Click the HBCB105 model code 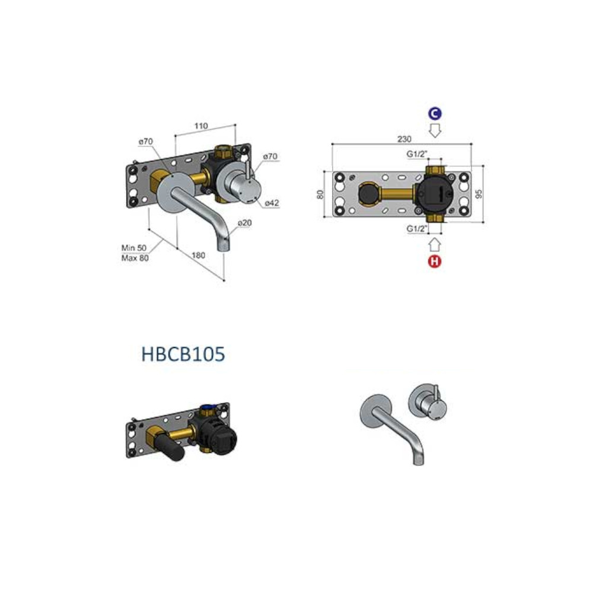coord(183,354)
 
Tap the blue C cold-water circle coord(435,113)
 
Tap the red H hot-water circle coord(435,261)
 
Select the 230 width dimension coord(404,139)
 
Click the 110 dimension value coord(201,126)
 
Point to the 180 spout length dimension coord(198,255)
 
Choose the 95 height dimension coord(479,195)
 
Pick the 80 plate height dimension coord(320,195)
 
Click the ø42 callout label coord(272,203)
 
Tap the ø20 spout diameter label coord(244,223)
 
